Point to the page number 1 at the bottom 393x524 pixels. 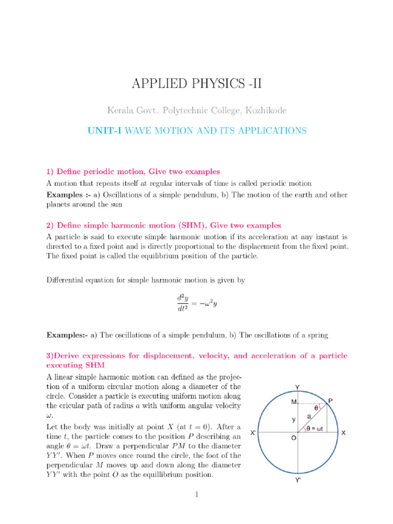(196, 494)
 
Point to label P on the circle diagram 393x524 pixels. (331, 401)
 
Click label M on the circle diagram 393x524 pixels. (294, 402)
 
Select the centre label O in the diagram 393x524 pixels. (294, 439)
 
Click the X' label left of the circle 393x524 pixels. (253, 432)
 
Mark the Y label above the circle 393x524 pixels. (297, 387)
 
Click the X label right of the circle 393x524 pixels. (343, 433)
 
